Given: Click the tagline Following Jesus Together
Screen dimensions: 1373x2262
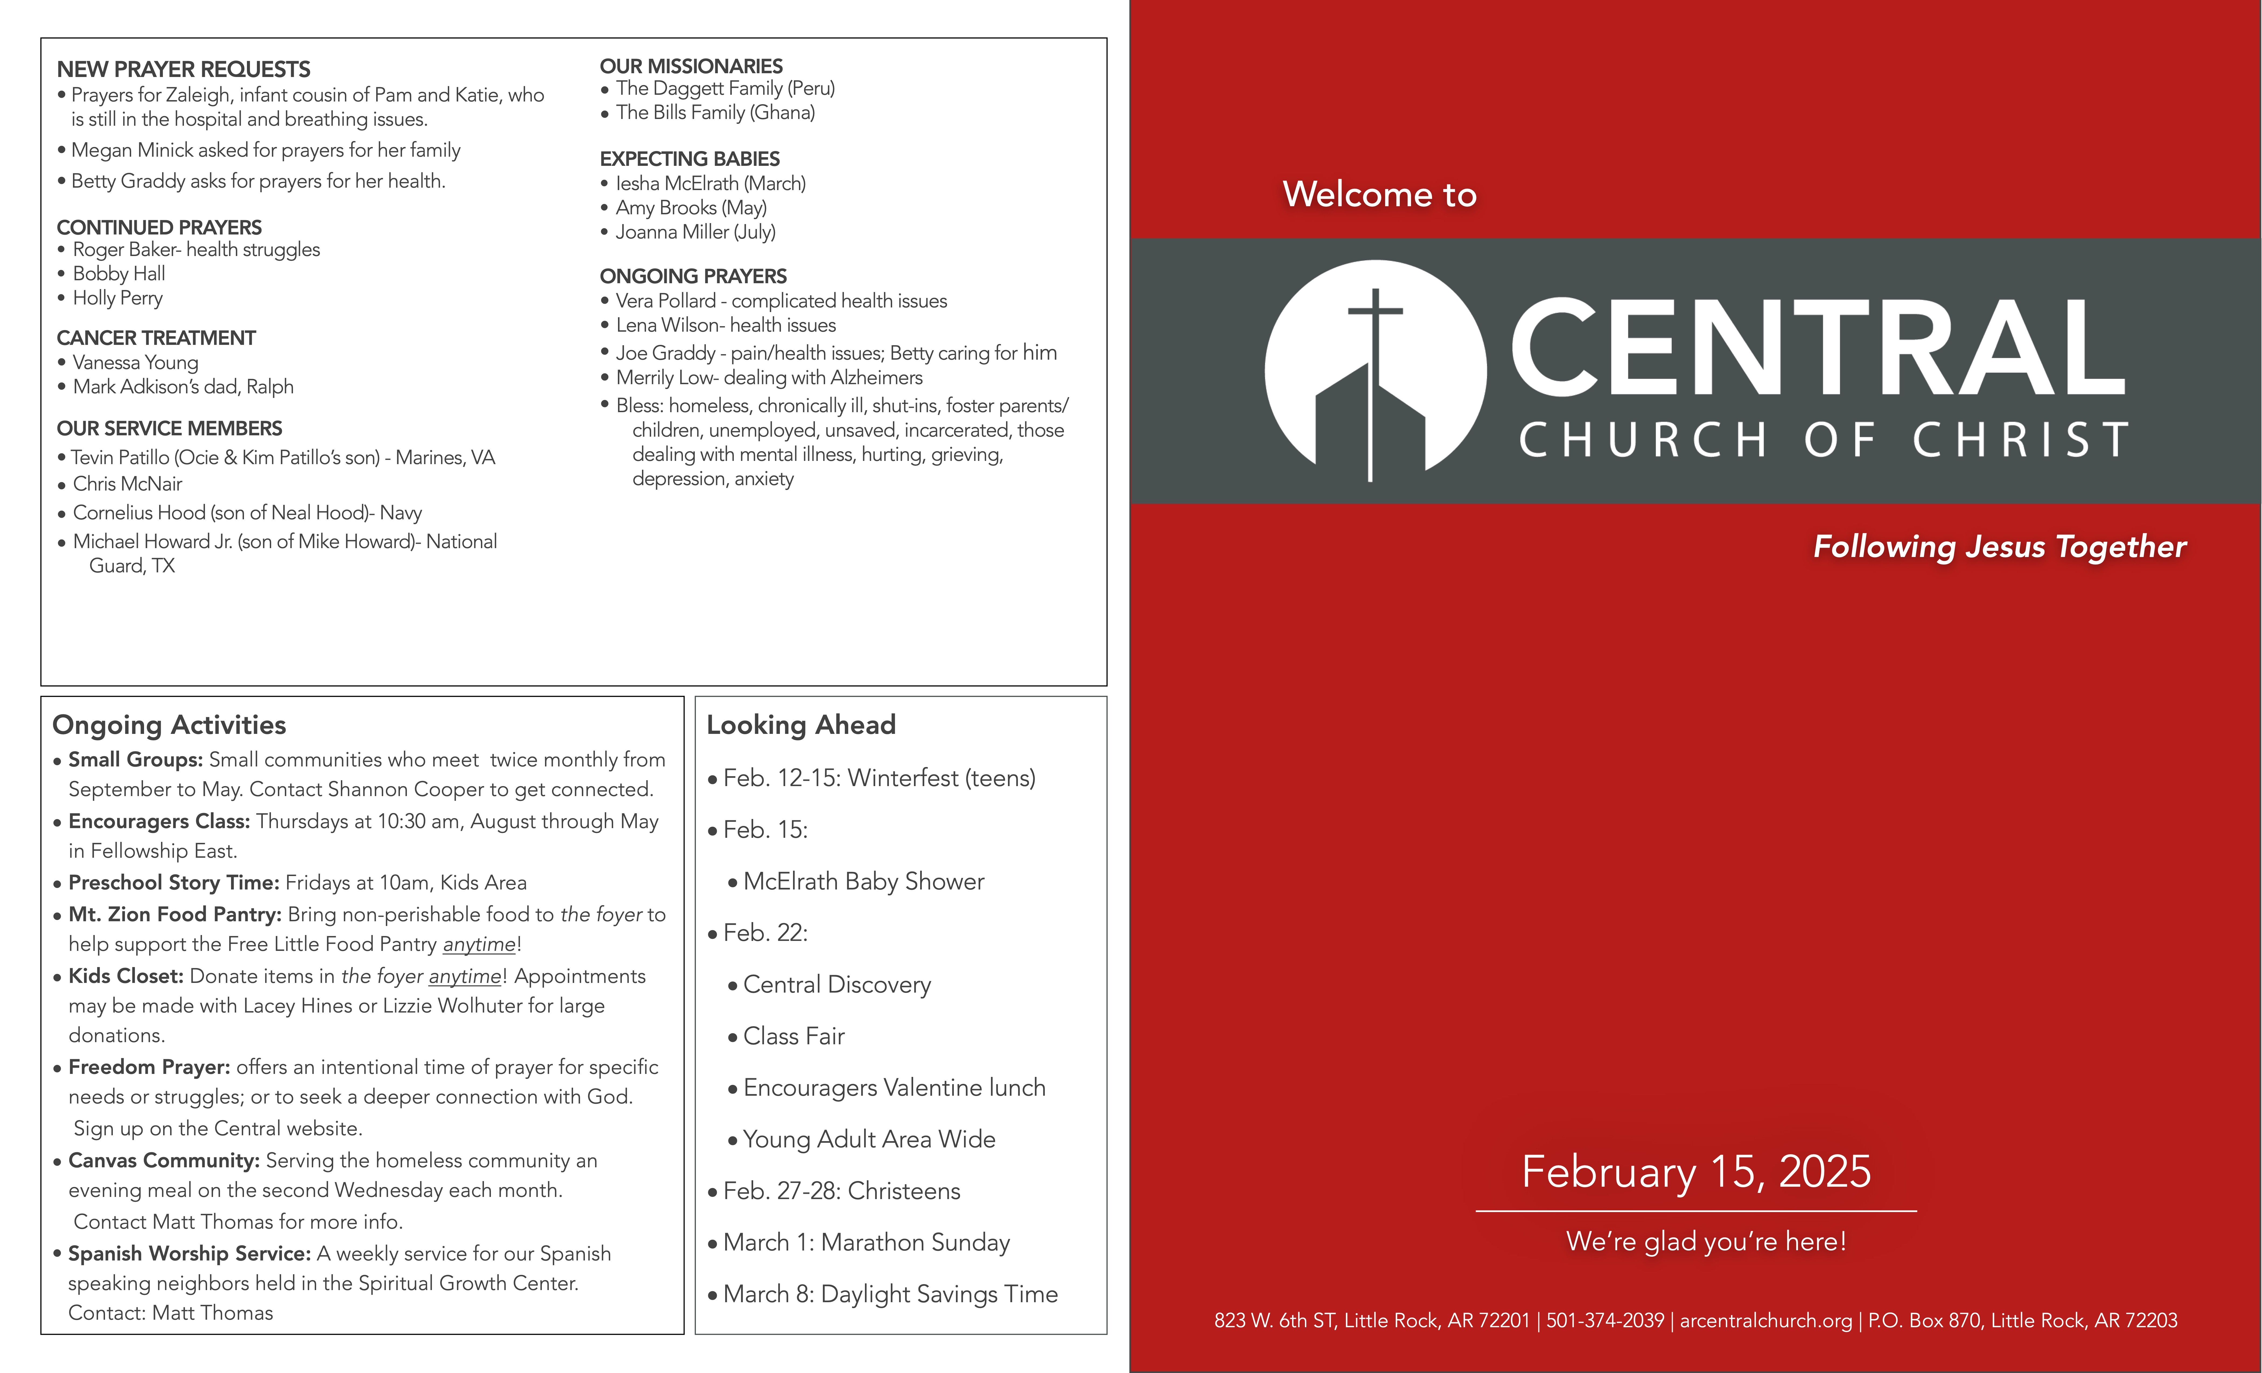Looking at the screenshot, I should coord(1999,547).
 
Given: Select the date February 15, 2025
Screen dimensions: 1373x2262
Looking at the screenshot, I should coord(1696,1172).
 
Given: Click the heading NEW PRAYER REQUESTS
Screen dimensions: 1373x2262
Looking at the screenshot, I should coord(184,70).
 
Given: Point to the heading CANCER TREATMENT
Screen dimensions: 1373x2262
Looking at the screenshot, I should coord(156,339).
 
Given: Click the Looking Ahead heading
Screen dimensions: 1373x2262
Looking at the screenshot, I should coord(801,725).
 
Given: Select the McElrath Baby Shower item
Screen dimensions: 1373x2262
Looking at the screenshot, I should coord(863,882).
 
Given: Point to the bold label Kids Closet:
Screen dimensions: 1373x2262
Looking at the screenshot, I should coord(126,976).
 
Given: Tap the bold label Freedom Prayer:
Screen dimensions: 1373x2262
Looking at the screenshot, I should coord(149,1067).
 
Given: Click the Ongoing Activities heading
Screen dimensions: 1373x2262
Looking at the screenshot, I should coord(169,725).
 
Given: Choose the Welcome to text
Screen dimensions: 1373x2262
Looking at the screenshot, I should coord(1379,195).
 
